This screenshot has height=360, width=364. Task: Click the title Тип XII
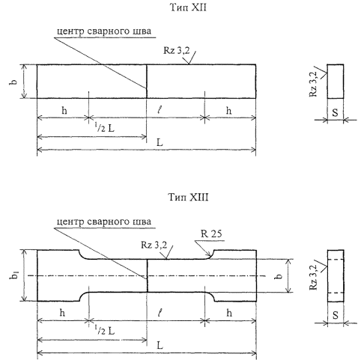click(x=188, y=7)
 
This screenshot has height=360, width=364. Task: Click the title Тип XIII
click(x=188, y=197)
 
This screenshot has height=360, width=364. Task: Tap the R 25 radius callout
click(x=211, y=234)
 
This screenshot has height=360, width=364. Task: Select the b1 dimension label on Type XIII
click(x=15, y=275)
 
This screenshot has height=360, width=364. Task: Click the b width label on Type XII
click(x=13, y=82)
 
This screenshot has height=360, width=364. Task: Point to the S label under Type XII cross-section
click(x=335, y=112)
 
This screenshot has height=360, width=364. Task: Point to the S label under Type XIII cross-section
click(x=336, y=315)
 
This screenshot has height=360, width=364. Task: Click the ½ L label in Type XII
click(x=104, y=128)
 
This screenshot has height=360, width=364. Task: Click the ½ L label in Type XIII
click(x=105, y=331)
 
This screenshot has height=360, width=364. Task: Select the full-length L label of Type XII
click(x=160, y=143)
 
